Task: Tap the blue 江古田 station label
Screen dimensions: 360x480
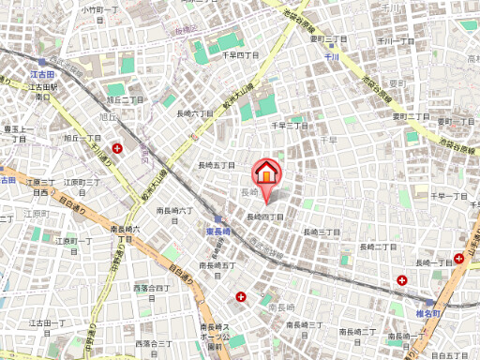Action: [41, 73]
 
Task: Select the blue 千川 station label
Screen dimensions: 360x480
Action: [331, 57]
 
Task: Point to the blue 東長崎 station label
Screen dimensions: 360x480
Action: [218, 231]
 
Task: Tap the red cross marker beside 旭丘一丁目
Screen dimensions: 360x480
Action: [118, 148]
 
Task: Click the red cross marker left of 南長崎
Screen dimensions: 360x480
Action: [242, 297]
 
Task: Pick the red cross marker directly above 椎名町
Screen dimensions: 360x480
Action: [401, 279]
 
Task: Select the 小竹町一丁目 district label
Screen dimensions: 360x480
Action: [98, 10]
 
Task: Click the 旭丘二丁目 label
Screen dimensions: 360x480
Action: [126, 99]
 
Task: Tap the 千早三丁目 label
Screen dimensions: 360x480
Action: [289, 125]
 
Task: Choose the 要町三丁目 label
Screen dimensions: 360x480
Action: [329, 39]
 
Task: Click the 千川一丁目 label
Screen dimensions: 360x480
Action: [396, 41]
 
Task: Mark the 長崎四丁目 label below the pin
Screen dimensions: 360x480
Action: [266, 217]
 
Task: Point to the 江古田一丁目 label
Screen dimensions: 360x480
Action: [46, 322]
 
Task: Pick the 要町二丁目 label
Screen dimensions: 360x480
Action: [410, 116]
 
